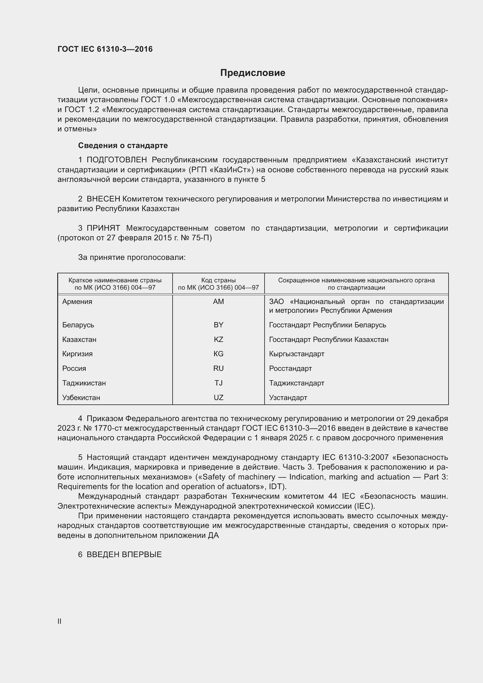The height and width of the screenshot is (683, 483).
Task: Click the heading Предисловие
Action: point(253,73)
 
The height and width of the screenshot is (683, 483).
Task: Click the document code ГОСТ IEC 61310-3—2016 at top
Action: point(105,49)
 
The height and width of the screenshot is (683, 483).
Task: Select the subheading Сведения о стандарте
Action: point(123,145)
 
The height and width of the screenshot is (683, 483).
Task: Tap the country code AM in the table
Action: point(218,302)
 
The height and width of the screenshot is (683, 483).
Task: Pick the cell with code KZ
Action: point(218,339)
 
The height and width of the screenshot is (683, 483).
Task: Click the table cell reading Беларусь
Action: point(78,325)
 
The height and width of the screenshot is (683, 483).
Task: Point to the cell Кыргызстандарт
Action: point(296,354)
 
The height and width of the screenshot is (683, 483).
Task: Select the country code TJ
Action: point(218,383)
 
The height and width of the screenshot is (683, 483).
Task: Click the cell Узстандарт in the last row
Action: point(288,398)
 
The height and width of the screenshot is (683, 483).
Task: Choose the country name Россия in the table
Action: point(74,369)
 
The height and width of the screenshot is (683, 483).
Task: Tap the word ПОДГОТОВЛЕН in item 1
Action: point(117,160)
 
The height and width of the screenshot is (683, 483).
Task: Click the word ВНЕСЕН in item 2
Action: point(103,199)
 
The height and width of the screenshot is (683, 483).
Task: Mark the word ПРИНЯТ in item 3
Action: point(103,228)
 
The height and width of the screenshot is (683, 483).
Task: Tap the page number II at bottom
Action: point(60,621)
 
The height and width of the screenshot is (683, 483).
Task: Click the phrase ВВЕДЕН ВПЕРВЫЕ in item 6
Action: point(124,555)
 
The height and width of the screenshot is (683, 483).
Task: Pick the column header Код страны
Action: point(218,280)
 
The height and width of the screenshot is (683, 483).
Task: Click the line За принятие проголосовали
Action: point(132,257)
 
